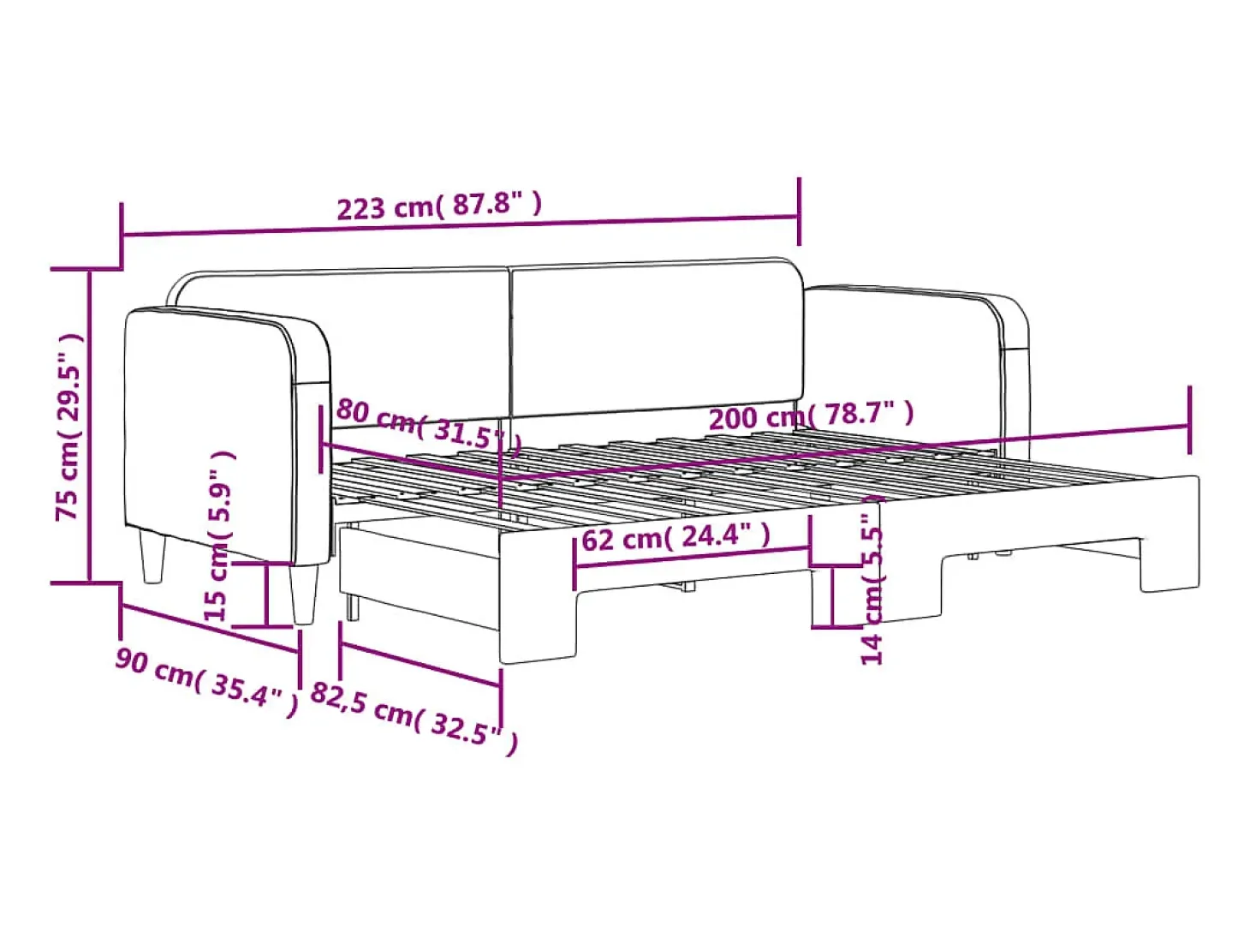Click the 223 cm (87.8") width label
point(439,206)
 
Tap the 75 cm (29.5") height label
point(69,427)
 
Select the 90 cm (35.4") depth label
point(206,682)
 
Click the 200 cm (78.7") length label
point(811,415)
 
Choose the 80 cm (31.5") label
point(429,426)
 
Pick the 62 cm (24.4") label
point(676,537)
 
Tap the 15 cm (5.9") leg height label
point(218,536)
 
